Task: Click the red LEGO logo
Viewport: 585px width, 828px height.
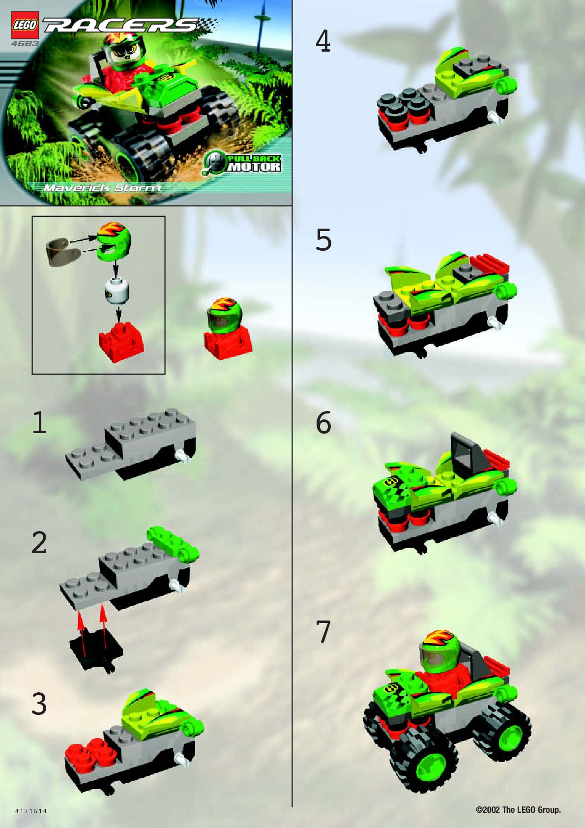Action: tap(25, 25)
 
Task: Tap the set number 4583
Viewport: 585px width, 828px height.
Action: tap(25, 44)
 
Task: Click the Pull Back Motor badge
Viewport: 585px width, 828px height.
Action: tap(242, 163)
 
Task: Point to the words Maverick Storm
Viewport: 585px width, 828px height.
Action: tap(102, 188)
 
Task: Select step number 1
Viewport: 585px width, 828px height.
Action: tap(39, 422)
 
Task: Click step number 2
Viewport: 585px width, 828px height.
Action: tap(39, 543)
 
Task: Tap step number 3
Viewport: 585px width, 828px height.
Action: tap(39, 704)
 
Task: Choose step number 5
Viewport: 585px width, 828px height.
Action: tap(323, 240)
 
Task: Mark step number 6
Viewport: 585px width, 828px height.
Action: tap(323, 423)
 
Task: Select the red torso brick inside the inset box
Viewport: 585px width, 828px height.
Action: tap(121, 341)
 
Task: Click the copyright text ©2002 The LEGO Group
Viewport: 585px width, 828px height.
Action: tap(518, 809)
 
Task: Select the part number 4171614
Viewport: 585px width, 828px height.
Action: tap(31, 811)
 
